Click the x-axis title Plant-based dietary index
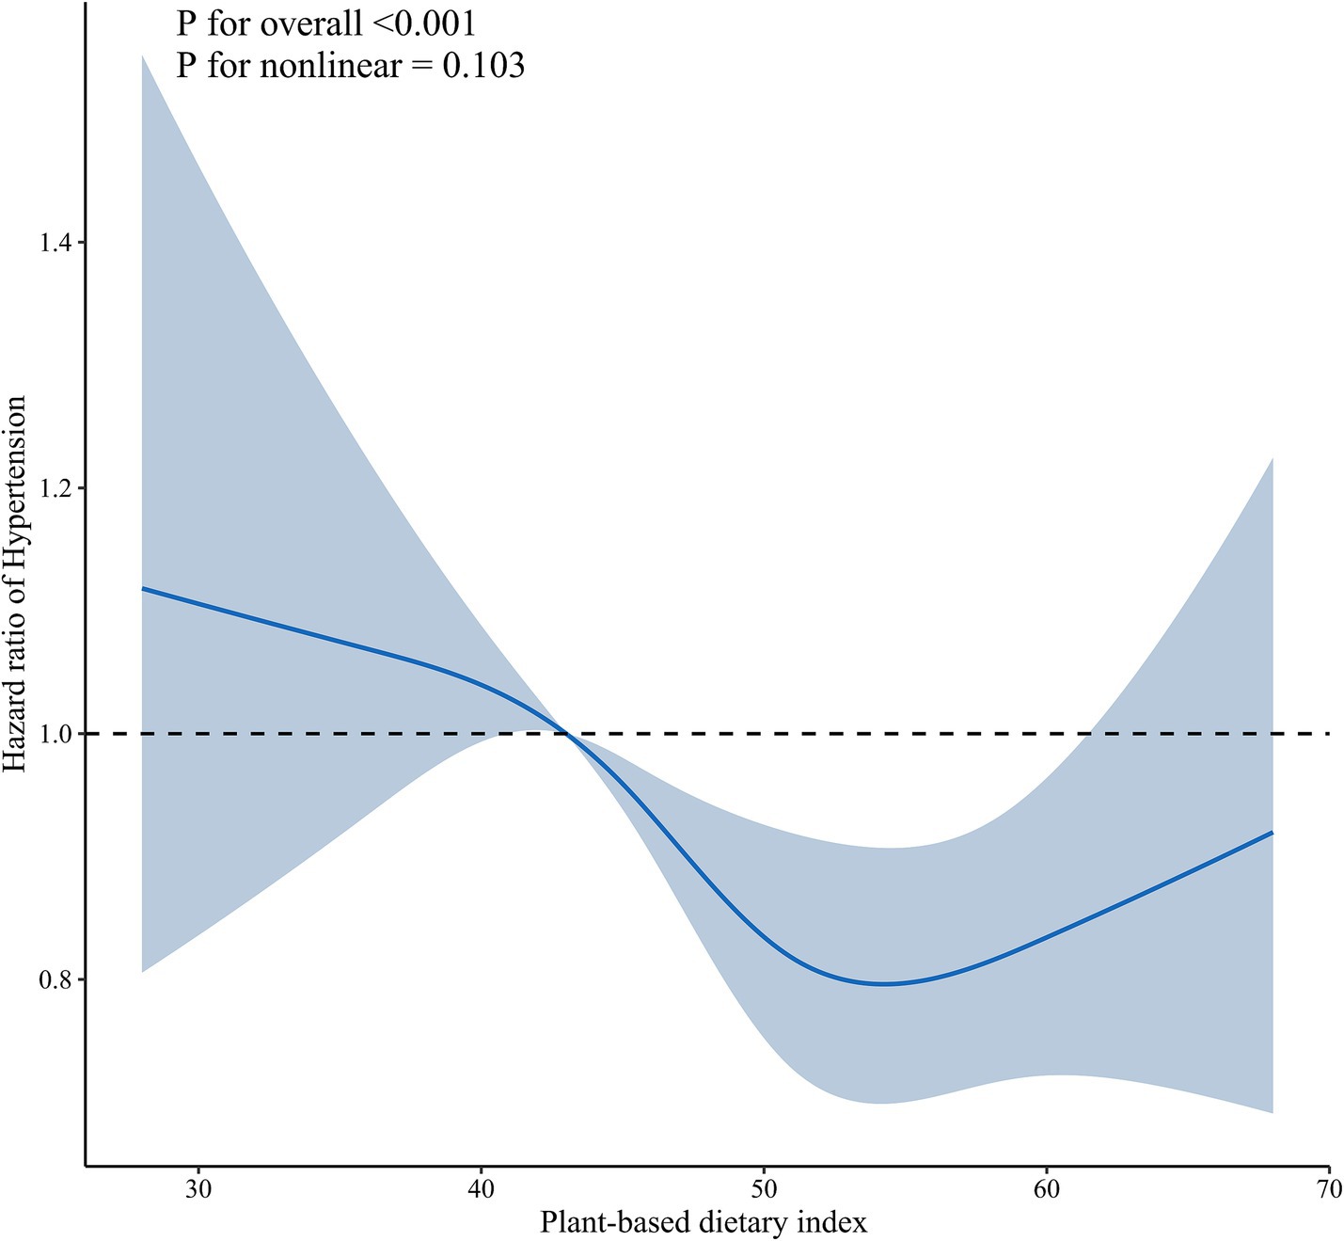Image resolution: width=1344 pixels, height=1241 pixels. click(x=704, y=1222)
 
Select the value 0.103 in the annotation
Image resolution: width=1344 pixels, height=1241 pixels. click(x=477, y=65)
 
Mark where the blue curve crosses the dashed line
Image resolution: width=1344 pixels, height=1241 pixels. click(x=566, y=734)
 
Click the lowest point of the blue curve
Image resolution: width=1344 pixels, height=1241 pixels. click(x=884, y=984)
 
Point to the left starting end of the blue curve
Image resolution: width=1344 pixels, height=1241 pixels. click(x=142, y=588)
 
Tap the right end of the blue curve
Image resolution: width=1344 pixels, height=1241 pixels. click(x=1273, y=833)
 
